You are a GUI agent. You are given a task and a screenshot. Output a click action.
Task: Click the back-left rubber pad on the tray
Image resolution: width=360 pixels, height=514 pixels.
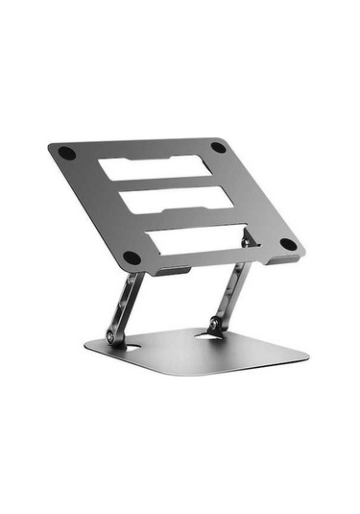[66, 153]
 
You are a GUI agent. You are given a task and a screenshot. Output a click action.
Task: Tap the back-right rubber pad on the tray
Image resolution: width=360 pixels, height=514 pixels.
[218, 148]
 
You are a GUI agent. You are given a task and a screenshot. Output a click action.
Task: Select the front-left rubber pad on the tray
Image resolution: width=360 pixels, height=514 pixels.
[132, 257]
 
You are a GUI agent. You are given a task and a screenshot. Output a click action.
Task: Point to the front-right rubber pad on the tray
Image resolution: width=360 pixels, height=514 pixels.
[287, 244]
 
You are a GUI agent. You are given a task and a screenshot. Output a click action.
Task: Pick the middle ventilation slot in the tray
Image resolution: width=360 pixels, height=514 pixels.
[174, 199]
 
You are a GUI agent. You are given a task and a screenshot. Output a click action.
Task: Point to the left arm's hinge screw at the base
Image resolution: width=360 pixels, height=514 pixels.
[113, 337]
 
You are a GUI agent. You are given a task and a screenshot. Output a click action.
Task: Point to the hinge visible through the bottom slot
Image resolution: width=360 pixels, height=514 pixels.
[248, 237]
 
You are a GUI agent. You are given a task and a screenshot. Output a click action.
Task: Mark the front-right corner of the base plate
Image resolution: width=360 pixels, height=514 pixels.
[305, 360]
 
